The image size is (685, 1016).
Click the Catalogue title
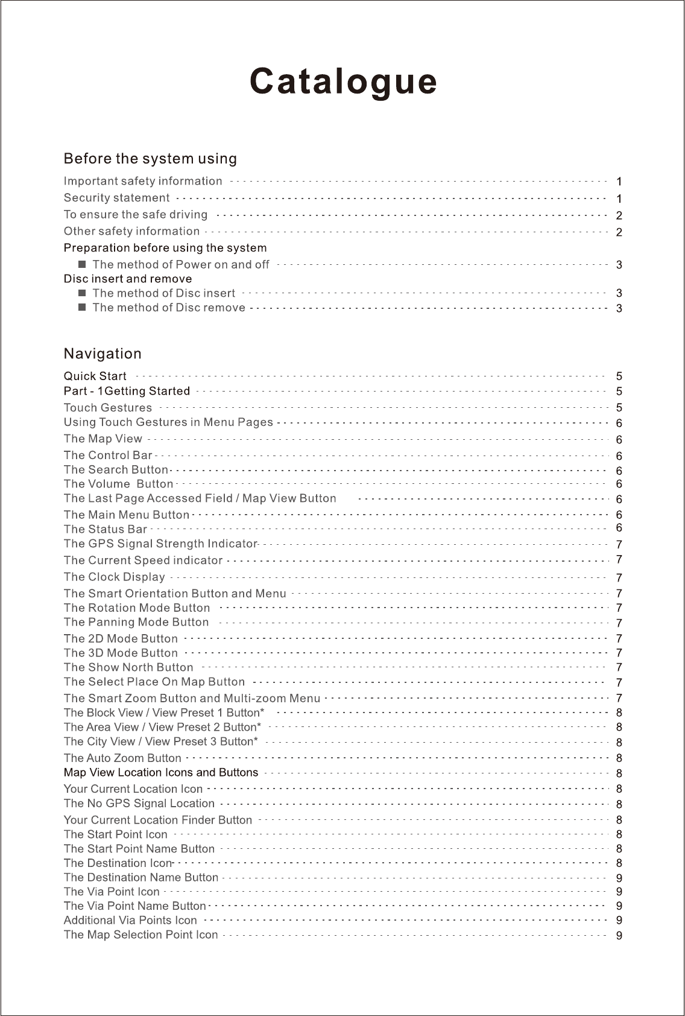pos(344,82)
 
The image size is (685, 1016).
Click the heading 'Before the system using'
pos(150,159)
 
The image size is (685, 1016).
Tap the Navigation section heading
pos(103,354)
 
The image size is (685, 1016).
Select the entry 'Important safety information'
pos(143,181)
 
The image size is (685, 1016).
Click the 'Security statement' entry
pos(116,198)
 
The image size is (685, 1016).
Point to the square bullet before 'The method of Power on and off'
pos(83,264)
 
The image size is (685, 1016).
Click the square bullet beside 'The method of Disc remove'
pos(83,308)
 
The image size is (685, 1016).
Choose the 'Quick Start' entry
pos(95,376)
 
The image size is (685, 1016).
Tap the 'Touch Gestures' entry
pos(108,408)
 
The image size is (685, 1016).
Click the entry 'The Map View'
pos(103,439)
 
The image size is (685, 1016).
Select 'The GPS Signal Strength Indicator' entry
pos(160,544)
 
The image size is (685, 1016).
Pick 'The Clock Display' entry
pos(115,577)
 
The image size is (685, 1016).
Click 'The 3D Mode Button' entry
pos(121,653)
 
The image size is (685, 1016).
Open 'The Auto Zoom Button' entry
pos(122,758)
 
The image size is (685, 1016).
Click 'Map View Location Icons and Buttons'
pos(161,772)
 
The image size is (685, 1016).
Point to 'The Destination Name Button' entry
pos(141,877)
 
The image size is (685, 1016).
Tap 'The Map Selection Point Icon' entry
pos(140,935)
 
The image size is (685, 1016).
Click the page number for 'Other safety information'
pos(619,232)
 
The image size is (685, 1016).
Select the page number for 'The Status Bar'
pos(619,528)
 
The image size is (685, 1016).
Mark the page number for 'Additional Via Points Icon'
pos(619,921)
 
